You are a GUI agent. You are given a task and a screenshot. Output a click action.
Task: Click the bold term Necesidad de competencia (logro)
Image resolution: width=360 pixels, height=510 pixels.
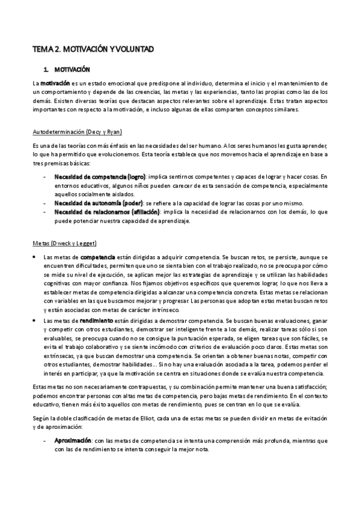100,177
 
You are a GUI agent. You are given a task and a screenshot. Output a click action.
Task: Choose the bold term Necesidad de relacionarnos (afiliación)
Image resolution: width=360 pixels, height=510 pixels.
107,212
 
